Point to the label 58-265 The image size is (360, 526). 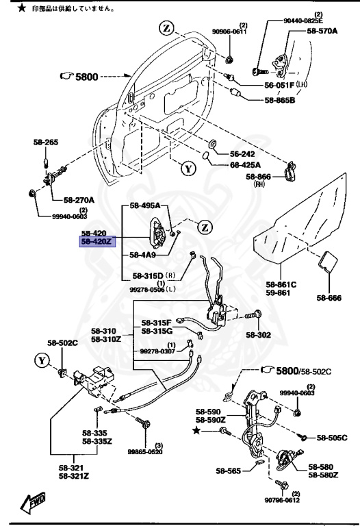coord(46,142)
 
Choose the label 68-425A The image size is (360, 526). coord(243,163)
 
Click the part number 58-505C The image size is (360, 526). coord(331,436)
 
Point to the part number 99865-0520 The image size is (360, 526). coord(145,452)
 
